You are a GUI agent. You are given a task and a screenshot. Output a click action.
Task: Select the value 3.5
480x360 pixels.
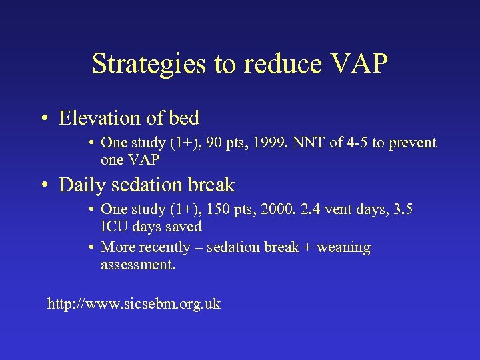click(402, 209)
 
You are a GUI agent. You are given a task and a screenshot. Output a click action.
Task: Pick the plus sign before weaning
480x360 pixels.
click(307, 247)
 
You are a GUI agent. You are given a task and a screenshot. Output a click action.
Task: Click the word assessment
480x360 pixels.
click(137, 265)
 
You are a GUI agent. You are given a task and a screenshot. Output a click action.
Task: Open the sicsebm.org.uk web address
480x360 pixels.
click(133, 305)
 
